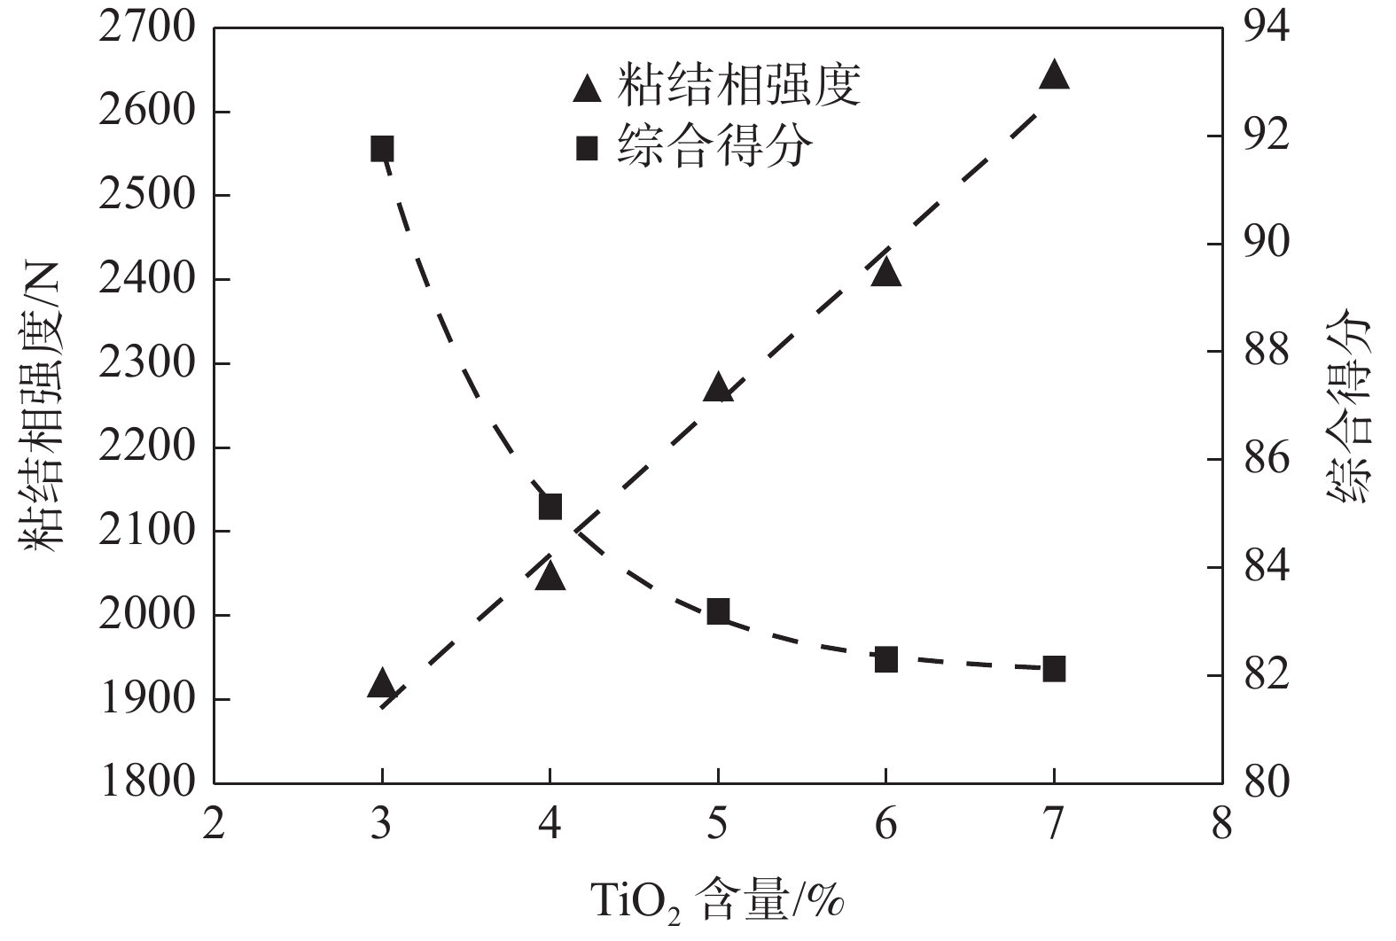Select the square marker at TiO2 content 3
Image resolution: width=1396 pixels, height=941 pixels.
[x=382, y=149]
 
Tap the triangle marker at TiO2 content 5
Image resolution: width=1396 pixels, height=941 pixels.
[x=718, y=388]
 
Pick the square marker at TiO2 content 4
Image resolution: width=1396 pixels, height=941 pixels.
[x=550, y=507]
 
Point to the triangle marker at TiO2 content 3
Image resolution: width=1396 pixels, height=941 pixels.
[x=382, y=683]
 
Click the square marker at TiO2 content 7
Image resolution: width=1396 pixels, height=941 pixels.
[x=1054, y=669]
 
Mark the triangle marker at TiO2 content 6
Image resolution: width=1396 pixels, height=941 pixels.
[x=885, y=272]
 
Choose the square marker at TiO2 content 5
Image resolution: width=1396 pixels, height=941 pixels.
[x=718, y=611]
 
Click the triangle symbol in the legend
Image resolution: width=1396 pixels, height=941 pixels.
[x=587, y=88]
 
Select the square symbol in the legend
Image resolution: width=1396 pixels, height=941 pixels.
[x=587, y=149]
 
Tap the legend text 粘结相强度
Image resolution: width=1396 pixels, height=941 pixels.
[x=738, y=86]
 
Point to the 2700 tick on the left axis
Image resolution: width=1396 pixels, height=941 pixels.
[x=147, y=27]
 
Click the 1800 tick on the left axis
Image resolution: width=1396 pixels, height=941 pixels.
[x=147, y=782]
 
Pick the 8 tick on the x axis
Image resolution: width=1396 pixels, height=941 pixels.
[x=1222, y=825]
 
